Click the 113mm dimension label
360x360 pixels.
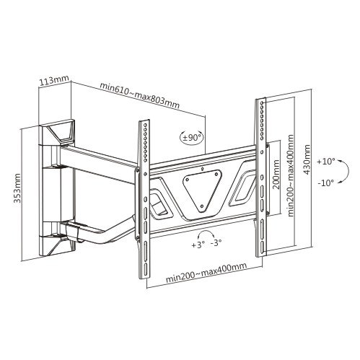click(54, 81)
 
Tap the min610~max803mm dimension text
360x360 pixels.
click(140, 95)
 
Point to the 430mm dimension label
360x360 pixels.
click(307, 159)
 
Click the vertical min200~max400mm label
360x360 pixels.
click(291, 176)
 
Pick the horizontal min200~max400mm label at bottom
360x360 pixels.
click(206, 273)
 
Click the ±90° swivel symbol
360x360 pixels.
click(192, 138)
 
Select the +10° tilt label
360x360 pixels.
click(326, 162)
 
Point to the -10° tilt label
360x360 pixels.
click(326, 183)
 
